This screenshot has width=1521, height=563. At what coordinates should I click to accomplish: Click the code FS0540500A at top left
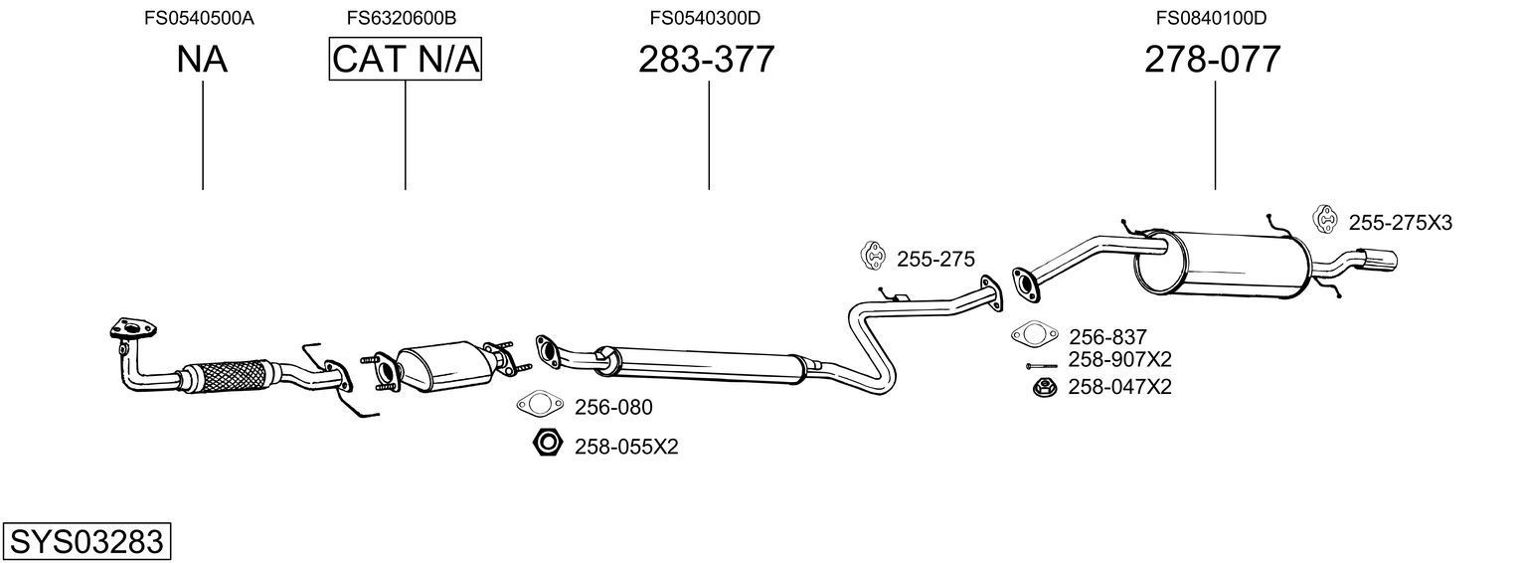(199, 17)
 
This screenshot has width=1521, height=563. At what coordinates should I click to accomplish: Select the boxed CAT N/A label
(405, 60)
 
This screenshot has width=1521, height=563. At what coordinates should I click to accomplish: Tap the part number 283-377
(706, 60)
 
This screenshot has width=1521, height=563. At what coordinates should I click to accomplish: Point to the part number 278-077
(1212, 60)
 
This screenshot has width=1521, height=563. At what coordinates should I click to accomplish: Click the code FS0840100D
(1211, 17)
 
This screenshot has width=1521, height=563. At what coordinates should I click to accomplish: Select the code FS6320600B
(402, 17)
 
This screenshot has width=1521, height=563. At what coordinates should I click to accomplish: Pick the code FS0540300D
(705, 17)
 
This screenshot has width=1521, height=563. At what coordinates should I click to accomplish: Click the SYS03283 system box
(86, 542)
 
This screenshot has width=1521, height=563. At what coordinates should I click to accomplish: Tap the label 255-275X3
(1400, 223)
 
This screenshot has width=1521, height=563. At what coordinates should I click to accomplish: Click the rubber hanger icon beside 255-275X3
(1325, 220)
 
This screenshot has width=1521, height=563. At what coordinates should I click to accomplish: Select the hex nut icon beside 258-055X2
(548, 444)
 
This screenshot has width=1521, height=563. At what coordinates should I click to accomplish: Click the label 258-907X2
(1119, 359)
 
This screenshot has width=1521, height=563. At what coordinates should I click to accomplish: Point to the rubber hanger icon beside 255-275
(873, 256)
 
